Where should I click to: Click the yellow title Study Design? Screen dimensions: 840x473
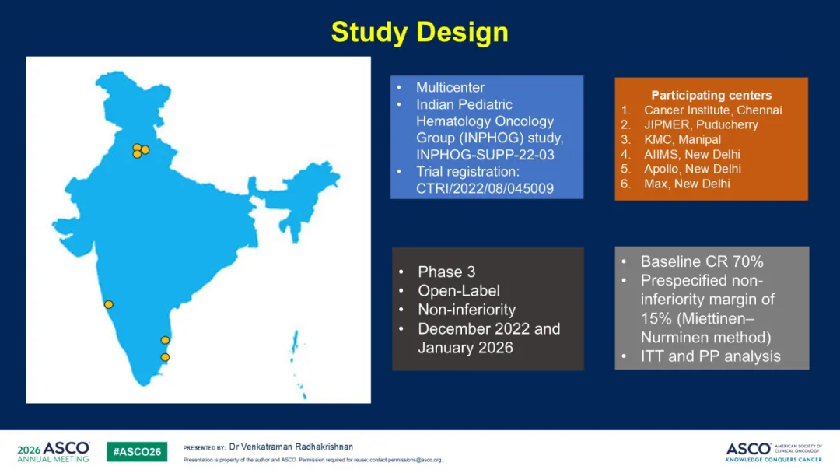[x=419, y=32]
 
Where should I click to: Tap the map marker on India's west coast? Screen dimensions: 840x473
[x=109, y=304]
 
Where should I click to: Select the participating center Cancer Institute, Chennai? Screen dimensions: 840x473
[x=712, y=110]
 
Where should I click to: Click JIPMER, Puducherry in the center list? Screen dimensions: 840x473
[x=701, y=124]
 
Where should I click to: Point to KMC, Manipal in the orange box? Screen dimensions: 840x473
[x=682, y=140]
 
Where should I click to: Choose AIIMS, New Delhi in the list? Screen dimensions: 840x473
[x=691, y=154]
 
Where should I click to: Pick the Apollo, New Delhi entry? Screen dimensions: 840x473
[x=692, y=169]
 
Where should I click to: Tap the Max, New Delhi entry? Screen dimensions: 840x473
[x=687, y=184]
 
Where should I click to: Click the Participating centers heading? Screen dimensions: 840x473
[x=711, y=96]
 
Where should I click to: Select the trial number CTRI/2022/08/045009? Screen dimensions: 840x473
[x=485, y=188]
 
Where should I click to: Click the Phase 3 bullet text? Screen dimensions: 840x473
[x=446, y=272]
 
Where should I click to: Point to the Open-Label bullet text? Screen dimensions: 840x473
[x=459, y=290]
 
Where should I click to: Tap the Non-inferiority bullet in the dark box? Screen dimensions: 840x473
[x=467, y=310]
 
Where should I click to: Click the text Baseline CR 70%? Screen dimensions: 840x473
[x=702, y=261]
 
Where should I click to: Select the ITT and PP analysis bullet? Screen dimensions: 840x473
[x=710, y=356]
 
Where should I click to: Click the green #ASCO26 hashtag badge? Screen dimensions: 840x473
[x=137, y=451]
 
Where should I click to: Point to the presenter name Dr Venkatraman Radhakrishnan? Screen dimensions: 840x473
[x=291, y=447]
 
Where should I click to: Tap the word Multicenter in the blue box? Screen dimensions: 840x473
[x=450, y=87]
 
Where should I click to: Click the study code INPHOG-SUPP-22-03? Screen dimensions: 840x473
[x=485, y=155]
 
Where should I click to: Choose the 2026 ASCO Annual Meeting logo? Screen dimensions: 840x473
[x=53, y=451]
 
